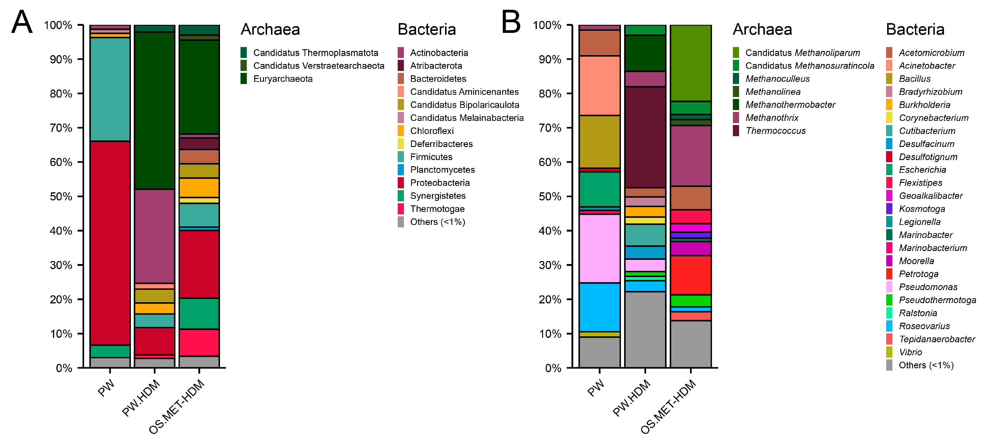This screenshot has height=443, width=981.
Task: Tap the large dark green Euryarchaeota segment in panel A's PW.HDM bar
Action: [x=155, y=110]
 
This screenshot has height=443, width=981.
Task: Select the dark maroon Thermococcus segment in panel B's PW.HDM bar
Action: [x=645, y=137]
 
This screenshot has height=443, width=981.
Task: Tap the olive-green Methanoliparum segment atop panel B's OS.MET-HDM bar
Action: [x=691, y=63]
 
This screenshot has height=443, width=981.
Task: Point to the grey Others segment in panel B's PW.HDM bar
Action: [x=645, y=330]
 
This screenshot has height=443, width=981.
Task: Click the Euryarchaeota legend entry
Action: [x=282, y=79]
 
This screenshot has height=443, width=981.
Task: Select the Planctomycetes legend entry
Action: [x=442, y=170]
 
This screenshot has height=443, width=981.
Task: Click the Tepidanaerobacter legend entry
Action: [x=937, y=339]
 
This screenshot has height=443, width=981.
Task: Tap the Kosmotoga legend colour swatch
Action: [x=889, y=209]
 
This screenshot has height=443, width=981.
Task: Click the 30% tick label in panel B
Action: [x=550, y=265]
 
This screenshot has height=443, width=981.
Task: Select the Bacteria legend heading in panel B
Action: [x=915, y=29]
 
